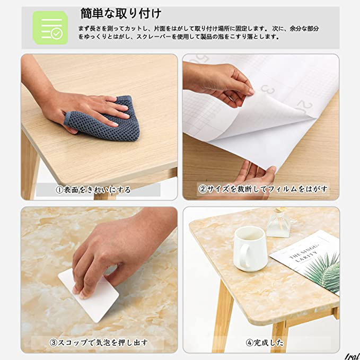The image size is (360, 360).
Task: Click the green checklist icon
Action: coord(50,28)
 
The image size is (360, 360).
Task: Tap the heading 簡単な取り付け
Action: coord(121,14)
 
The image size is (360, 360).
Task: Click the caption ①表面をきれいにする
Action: coord(93,190)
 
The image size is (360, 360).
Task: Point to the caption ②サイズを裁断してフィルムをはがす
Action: coord(263,189)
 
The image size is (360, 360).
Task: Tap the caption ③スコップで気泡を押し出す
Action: coord(99,343)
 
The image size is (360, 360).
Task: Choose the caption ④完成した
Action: coord(265,343)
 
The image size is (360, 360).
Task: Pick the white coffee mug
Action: coord(250,249)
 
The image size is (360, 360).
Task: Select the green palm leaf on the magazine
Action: coord(324,273)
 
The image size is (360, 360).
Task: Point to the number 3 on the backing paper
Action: coord(267,89)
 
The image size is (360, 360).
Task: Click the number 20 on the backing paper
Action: coord(305,107)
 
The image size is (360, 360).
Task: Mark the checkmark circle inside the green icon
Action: coord(57,34)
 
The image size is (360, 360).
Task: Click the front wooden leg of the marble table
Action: coord(222,317)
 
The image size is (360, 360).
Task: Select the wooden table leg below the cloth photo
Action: coord(30,165)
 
